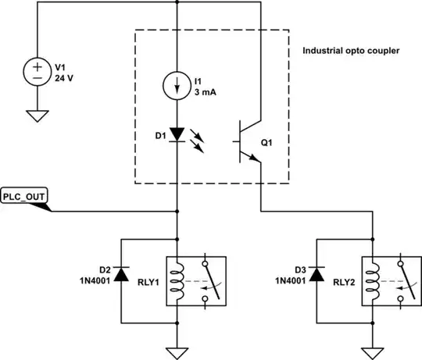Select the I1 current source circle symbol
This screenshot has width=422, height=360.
[178, 85]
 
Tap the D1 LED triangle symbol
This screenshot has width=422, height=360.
[178, 134]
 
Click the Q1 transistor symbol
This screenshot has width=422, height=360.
[248, 143]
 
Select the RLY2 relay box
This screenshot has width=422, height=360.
[388, 278]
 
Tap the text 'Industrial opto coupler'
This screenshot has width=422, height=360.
[351, 51]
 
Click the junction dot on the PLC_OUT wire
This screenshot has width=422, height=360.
[178, 211]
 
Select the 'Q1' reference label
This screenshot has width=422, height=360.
[267, 143]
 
